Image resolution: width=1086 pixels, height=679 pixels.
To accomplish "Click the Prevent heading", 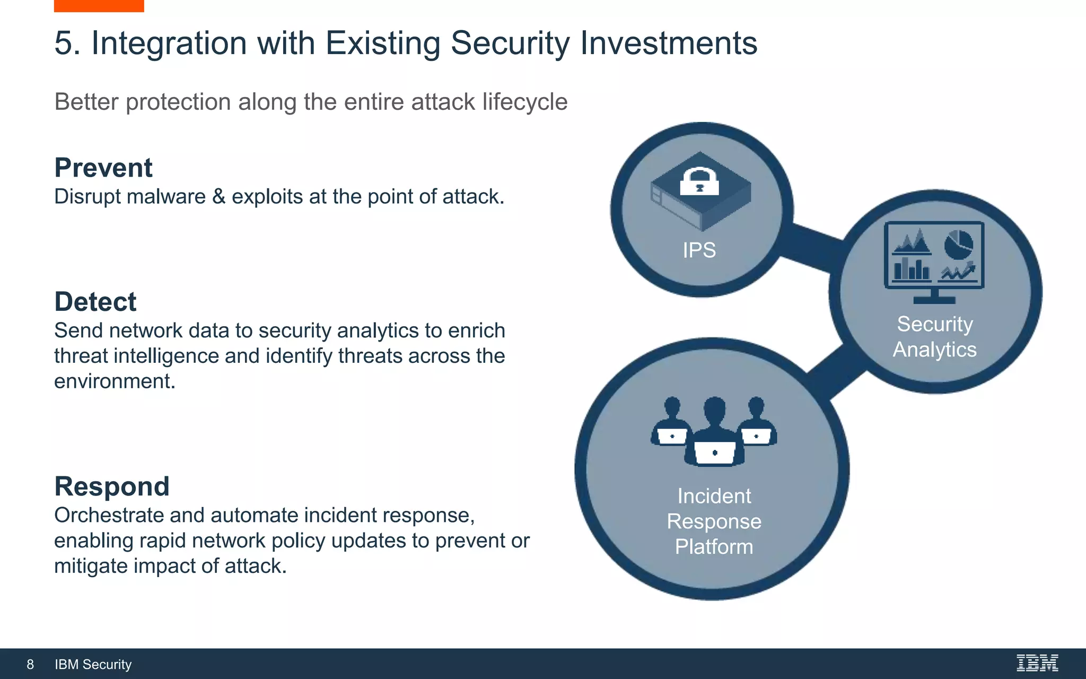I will tap(103, 168).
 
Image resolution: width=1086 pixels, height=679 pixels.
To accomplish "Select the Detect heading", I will tap(95, 302).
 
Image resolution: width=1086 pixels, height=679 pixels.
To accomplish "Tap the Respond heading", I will tap(112, 486).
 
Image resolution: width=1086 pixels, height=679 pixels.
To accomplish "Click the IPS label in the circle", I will tap(699, 250).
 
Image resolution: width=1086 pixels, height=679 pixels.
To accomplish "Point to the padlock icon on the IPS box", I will tap(699, 182).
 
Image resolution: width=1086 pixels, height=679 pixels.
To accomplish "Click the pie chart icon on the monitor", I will tap(959, 245).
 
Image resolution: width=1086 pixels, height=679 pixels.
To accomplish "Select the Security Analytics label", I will tap(934, 337).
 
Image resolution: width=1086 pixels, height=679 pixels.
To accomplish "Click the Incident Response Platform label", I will tap(714, 521).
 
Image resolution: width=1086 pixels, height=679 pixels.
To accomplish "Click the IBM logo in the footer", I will tap(1037, 663).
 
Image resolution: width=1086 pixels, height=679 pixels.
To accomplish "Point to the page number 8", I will tap(30, 664).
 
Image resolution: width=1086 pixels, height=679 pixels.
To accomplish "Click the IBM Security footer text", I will tap(93, 664).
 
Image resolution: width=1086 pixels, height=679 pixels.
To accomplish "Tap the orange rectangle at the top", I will tap(99, 6).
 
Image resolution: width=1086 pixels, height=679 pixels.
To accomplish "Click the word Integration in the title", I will tap(169, 43).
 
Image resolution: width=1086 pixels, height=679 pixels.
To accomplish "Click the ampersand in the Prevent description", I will tap(218, 197).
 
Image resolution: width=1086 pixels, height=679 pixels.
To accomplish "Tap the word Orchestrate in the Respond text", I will tap(109, 515).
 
